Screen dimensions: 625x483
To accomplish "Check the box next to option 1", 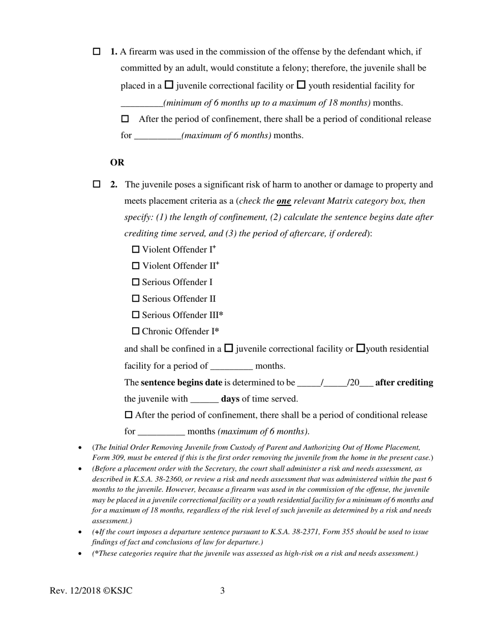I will pos(97,52).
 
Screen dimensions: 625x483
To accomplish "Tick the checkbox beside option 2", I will pos(97,184).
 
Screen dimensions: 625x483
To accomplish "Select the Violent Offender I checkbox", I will pos(136,249).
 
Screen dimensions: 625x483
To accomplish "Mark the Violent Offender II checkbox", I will pos(136,266).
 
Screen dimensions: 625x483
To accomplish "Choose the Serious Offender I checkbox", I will pos(136,282).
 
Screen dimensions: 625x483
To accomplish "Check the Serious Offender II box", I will pos(136,299).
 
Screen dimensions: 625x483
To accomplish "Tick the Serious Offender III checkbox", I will pos(136,315).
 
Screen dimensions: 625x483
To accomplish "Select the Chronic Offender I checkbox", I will pos(136,331).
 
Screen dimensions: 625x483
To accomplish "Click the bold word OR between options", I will pos(117,163).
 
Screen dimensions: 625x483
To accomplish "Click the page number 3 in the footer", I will pos(222,590).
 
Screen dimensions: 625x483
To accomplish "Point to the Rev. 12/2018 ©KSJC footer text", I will pos(91,590).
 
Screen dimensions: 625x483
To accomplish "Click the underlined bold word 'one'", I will pos(284,201).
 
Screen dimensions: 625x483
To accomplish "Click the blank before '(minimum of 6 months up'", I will pos(141,103).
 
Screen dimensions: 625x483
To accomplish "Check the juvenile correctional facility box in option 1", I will pos(169,85).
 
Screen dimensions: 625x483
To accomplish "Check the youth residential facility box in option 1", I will pos(301,85).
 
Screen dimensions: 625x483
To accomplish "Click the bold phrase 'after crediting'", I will pos(404,383).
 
